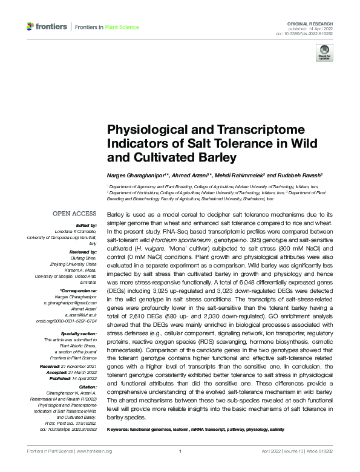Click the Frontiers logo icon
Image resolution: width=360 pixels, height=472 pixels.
[x=30, y=27]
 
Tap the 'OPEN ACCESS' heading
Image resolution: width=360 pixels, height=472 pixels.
[x=74, y=214]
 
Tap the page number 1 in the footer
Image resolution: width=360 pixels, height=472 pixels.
[x=180, y=451]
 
